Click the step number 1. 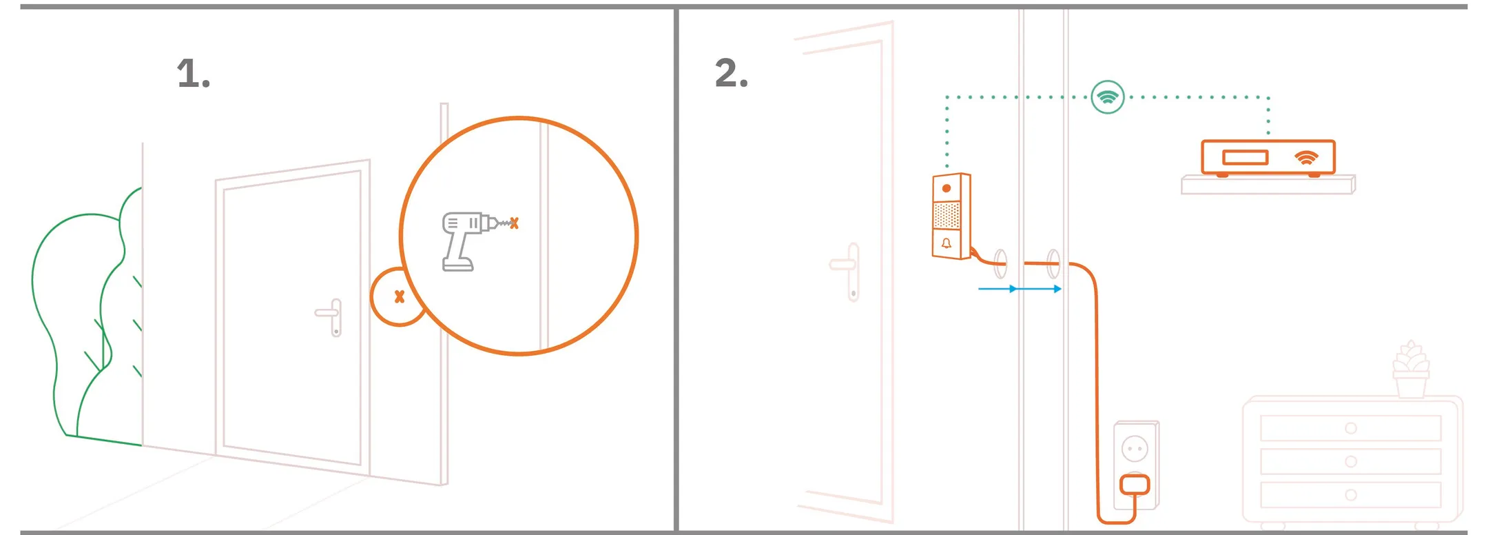tap(192, 74)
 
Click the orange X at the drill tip tap(514, 223)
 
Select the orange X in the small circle tap(399, 296)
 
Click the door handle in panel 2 tap(848, 270)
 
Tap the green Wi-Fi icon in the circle tap(1108, 97)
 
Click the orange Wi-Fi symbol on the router tap(1306, 158)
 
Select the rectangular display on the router tap(1245, 158)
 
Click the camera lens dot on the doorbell tap(947, 188)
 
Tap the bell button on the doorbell tap(947, 243)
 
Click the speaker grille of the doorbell tap(947, 215)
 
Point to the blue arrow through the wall tap(1020, 289)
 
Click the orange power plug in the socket tap(1134, 485)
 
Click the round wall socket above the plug tap(1135, 450)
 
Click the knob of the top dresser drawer tap(1351, 428)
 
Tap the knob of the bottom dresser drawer tap(1351, 495)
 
